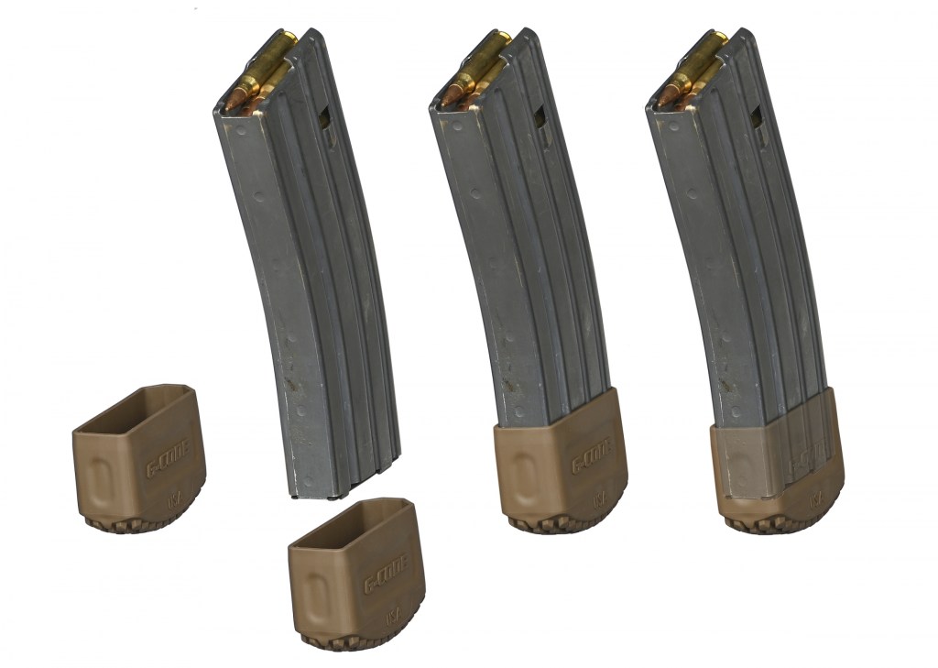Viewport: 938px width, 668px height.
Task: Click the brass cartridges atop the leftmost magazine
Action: [x=259, y=73]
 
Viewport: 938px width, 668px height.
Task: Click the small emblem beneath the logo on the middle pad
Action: [x=599, y=500]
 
